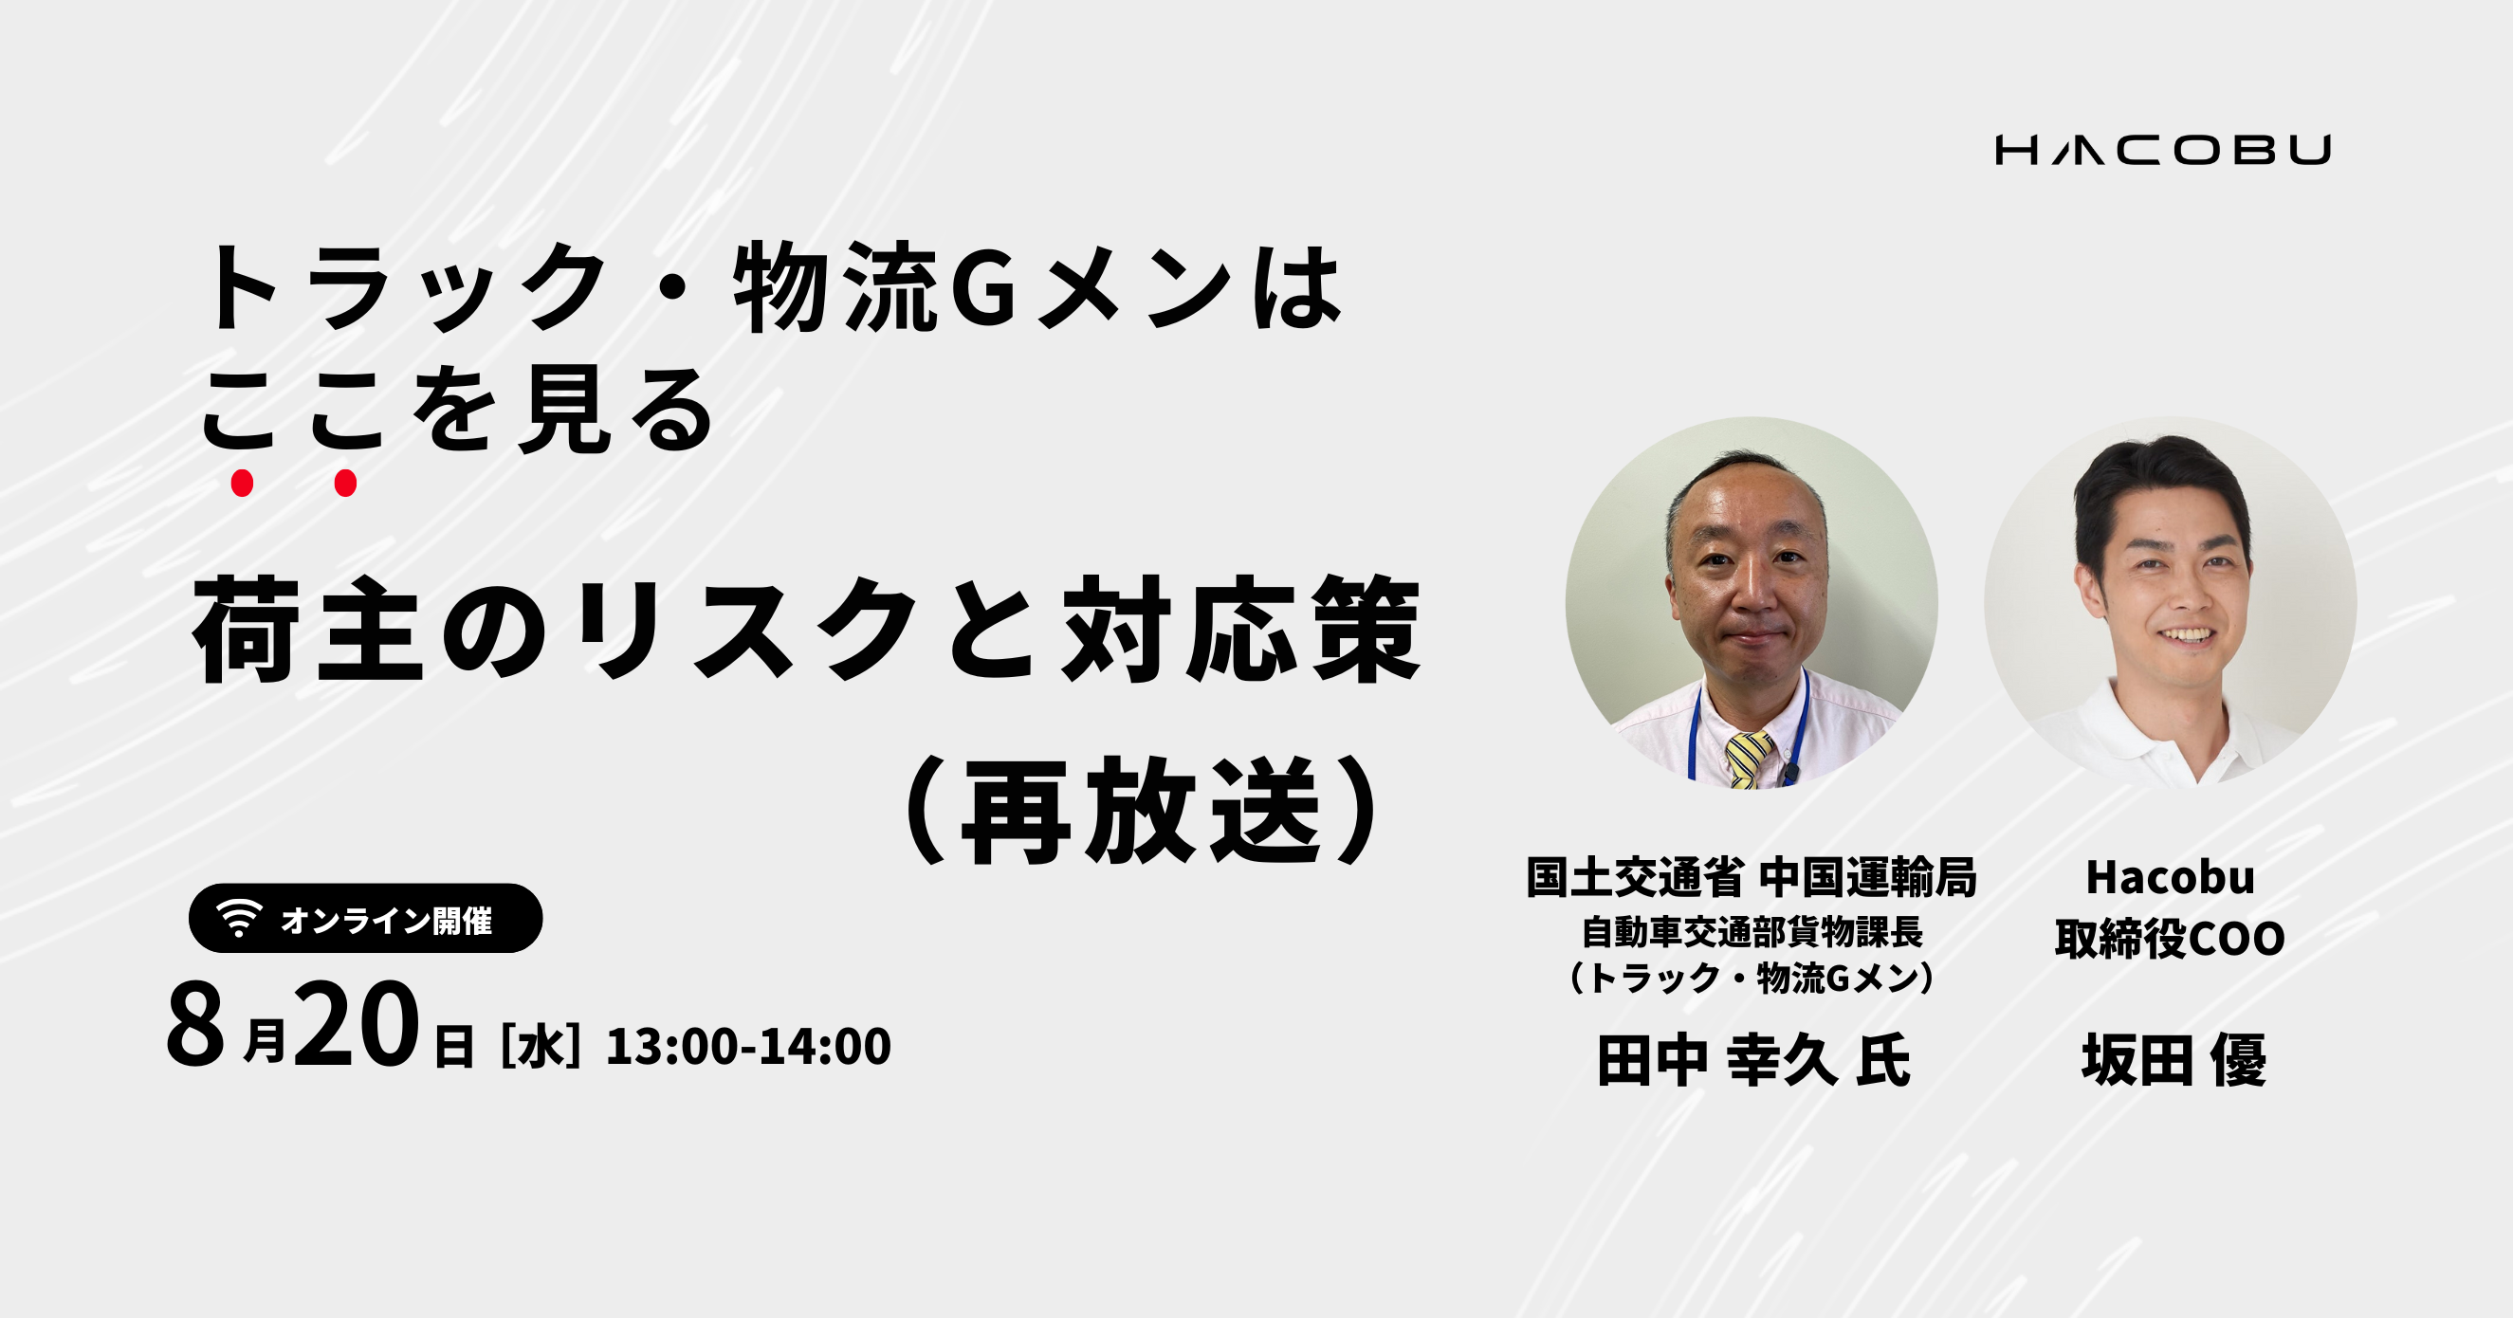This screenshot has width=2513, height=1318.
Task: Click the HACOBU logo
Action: click(x=2163, y=150)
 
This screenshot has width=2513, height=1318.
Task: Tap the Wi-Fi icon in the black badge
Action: click(x=239, y=918)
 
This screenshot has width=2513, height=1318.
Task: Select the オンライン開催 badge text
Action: click(x=386, y=920)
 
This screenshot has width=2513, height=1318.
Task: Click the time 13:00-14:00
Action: click(x=748, y=1046)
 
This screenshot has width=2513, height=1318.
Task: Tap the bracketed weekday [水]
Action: click(x=541, y=1046)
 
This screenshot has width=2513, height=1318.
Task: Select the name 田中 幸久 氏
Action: click(x=1753, y=1060)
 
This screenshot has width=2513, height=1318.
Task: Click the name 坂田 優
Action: click(x=2174, y=1060)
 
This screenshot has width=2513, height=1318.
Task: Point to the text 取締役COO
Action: click(x=2170, y=939)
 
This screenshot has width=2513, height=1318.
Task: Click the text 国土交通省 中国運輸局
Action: click(x=1752, y=877)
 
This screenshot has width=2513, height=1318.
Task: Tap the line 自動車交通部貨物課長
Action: click(x=1752, y=933)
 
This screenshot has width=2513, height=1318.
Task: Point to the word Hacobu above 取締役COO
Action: click(x=2170, y=877)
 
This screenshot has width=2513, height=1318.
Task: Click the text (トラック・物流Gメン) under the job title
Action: click(x=1752, y=978)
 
